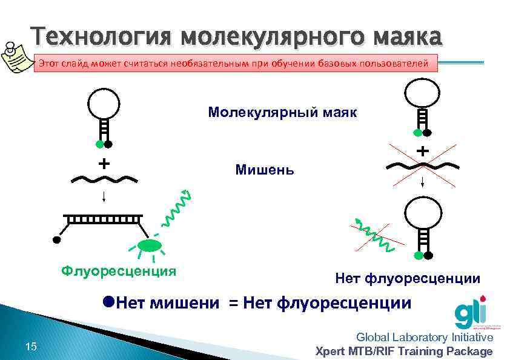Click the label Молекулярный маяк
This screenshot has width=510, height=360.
(282, 113)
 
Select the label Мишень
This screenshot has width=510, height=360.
(265, 170)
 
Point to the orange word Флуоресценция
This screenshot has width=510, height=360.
(119, 270)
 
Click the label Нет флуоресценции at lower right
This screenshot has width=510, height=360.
(408, 278)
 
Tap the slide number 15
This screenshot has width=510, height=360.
(31, 347)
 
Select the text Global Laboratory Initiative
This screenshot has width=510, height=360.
(425, 337)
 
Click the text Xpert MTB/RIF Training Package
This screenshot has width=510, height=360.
(405, 351)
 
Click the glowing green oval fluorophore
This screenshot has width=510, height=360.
(149, 245)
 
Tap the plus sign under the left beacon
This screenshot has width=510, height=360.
(104, 164)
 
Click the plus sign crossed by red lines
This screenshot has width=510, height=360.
(422, 150)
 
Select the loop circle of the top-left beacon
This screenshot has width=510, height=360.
(104, 102)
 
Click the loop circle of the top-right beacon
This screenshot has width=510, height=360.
(422, 92)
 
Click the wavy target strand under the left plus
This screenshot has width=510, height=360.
(104, 179)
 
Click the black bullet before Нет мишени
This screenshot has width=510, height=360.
(108, 301)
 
